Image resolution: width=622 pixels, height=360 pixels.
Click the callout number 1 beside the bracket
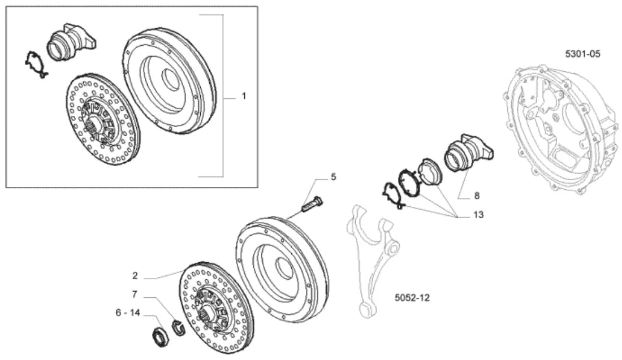tap(244, 96)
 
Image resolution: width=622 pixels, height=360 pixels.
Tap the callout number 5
tap(334, 177)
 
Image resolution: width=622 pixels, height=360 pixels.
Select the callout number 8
tap(477, 196)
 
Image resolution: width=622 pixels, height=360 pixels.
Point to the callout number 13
tap(478, 215)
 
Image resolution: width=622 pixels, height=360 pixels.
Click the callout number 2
tap(135, 276)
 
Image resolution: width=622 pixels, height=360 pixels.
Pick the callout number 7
tap(135, 294)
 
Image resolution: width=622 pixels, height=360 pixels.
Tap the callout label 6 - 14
tap(128, 313)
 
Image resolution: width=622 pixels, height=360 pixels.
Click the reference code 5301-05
tap(583, 54)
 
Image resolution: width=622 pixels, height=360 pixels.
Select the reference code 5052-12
tap(412, 297)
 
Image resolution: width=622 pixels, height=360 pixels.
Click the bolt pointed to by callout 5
tap(313, 203)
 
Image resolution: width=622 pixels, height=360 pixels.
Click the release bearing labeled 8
tap(469, 153)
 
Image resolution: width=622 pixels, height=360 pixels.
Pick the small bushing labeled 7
tap(179, 328)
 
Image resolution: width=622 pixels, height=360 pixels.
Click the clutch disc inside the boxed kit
tap(102, 119)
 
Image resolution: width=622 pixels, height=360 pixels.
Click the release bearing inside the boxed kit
tap(71, 41)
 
